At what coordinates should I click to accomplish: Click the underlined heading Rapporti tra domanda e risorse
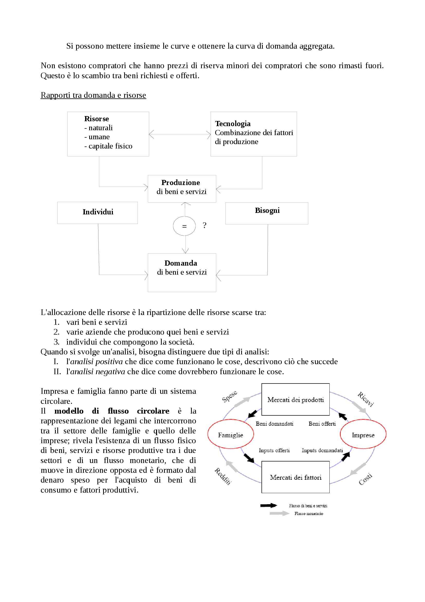click(93, 95)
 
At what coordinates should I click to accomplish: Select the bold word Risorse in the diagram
click(96, 119)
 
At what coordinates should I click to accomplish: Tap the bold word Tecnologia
click(232, 124)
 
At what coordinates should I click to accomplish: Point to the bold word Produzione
click(180, 182)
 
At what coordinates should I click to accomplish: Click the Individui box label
click(98, 212)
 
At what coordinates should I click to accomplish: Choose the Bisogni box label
click(267, 210)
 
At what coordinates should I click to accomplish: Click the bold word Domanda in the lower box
click(181, 263)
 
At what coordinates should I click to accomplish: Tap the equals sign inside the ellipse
click(184, 226)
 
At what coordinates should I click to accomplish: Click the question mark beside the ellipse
click(204, 225)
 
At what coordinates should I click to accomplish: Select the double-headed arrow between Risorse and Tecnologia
click(180, 135)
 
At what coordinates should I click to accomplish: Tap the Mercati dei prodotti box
click(295, 400)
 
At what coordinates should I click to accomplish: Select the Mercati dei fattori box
click(295, 477)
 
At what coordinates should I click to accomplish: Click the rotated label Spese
click(229, 396)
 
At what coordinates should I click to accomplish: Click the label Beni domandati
click(274, 424)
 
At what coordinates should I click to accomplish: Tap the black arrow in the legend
click(268, 505)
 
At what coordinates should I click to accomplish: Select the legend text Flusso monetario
click(309, 514)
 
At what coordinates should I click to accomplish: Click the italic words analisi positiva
click(96, 362)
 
